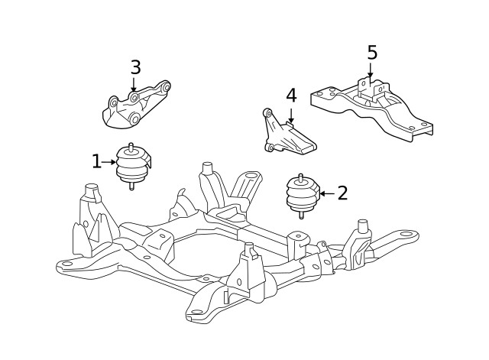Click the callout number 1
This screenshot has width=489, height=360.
pyautogui.click(x=96, y=161)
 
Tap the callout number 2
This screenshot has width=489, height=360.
pyautogui.click(x=342, y=193)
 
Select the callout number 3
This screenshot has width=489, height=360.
pyautogui.click(x=135, y=67)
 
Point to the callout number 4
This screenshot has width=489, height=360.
pyautogui.click(x=291, y=96)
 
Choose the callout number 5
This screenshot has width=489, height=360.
pyautogui.click(x=372, y=53)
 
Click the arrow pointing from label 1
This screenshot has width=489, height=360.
pyautogui.click(x=109, y=162)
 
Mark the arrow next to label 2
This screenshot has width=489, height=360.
pyautogui.click(x=326, y=193)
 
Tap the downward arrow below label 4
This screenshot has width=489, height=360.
pyautogui.click(x=291, y=115)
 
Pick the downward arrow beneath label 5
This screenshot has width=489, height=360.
pyautogui.click(x=371, y=73)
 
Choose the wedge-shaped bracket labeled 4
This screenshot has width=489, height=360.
pyautogui.click(x=290, y=136)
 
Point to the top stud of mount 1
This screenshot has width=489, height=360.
pyautogui.click(x=131, y=146)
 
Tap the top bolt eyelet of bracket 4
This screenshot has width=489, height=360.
pyautogui.click(x=267, y=113)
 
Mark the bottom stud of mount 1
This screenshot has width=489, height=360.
pyautogui.click(x=131, y=186)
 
